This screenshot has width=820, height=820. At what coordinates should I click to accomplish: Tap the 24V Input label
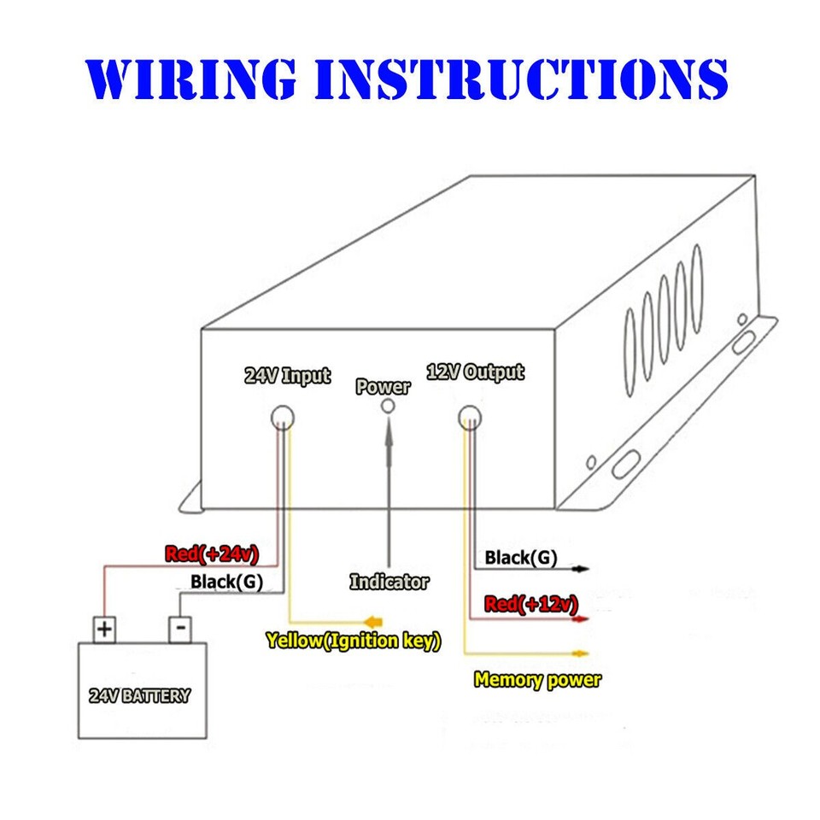(x=287, y=375)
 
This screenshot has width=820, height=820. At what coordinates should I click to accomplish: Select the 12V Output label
(x=475, y=372)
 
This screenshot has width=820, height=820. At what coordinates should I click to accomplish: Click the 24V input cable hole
(x=282, y=417)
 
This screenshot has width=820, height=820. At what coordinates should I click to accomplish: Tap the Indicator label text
(x=389, y=583)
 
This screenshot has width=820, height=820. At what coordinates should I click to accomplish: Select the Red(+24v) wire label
(x=212, y=553)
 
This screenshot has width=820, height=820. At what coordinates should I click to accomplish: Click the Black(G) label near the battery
(x=226, y=583)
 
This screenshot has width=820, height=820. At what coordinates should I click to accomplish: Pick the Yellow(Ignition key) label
(x=353, y=641)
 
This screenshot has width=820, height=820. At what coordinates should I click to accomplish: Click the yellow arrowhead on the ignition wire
(x=373, y=620)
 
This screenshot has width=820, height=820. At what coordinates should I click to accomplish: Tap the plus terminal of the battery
(x=104, y=630)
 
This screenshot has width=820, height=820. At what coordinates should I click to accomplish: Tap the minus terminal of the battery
(x=180, y=630)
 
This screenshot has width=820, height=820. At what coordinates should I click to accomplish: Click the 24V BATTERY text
(x=139, y=695)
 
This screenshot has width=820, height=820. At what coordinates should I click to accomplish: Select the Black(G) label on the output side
(x=520, y=559)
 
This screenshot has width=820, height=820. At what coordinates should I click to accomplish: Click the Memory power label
(x=536, y=681)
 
